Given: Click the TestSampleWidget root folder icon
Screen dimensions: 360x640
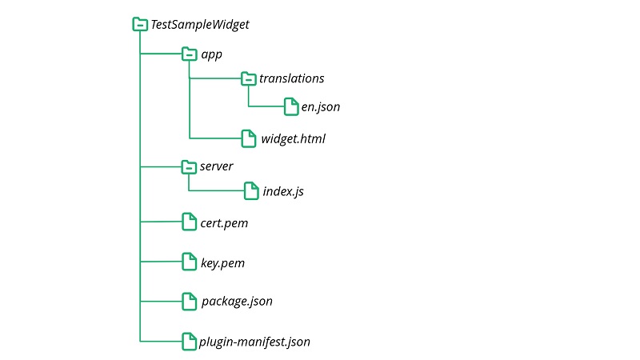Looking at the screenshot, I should pyautogui.click(x=140, y=25).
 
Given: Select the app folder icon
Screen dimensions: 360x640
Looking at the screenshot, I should pyautogui.click(x=189, y=54).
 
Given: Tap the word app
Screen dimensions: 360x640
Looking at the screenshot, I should pyautogui.click(x=211, y=54).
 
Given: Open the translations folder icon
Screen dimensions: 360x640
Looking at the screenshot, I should pyautogui.click(x=248, y=78).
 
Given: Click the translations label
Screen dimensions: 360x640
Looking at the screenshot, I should pyautogui.click(x=291, y=78).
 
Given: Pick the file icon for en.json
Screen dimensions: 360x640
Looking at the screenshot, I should pyautogui.click(x=291, y=106).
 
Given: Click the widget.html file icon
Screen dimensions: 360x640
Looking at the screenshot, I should pyautogui.click(x=249, y=138).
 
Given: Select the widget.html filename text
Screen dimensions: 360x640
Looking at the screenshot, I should pyautogui.click(x=293, y=139).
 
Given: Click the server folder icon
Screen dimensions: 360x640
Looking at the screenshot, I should pyautogui.click(x=189, y=166).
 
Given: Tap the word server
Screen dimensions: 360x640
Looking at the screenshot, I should pyautogui.click(x=216, y=166).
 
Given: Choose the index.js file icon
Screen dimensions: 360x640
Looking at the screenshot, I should pyautogui.click(x=251, y=191).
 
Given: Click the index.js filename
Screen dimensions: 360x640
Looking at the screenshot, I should pyautogui.click(x=283, y=192).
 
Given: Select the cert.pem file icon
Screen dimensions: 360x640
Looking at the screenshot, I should pyautogui.click(x=189, y=222).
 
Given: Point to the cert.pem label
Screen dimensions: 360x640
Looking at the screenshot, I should pyautogui.click(x=224, y=223).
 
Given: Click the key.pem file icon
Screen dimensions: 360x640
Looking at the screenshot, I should pyautogui.click(x=189, y=262).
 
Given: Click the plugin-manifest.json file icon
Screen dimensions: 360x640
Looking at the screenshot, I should pyautogui.click(x=189, y=341).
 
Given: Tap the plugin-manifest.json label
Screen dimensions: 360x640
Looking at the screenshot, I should pyautogui.click(x=254, y=342).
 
